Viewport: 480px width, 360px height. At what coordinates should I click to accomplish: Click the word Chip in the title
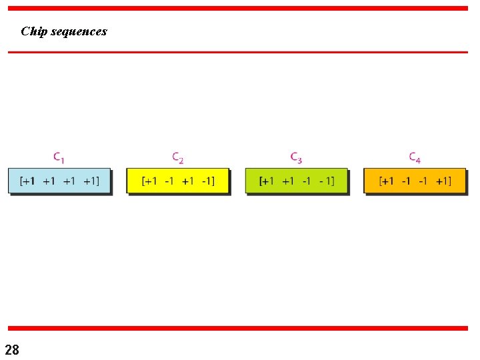[x=33, y=31]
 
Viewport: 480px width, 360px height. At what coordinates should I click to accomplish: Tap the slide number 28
[x=12, y=349]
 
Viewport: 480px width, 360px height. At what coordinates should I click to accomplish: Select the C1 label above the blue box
[x=59, y=158]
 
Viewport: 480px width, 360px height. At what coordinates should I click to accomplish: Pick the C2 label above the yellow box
[x=178, y=158]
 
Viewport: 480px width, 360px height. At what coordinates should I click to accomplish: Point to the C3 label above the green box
[x=297, y=158]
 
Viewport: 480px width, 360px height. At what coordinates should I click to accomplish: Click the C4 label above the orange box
[x=415, y=158]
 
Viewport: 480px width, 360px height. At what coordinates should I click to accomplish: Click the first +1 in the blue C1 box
[x=29, y=181]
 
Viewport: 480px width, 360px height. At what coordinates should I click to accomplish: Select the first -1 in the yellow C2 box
[x=169, y=181]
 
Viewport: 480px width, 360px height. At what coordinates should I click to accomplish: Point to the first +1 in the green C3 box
[x=268, y=181]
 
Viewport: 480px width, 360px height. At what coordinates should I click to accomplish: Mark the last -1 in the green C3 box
[x=326, y=181]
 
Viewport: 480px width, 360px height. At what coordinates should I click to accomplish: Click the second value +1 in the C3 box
[x=287, y=181]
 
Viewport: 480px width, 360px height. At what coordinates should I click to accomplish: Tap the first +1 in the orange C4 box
[x=387, y=181]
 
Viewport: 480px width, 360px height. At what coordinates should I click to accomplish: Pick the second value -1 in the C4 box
[x=406, y=181]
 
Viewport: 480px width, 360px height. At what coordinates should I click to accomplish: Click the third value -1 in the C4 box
[x=423, y=181]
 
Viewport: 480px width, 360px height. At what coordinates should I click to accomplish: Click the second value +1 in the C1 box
[x=49, y=181]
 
